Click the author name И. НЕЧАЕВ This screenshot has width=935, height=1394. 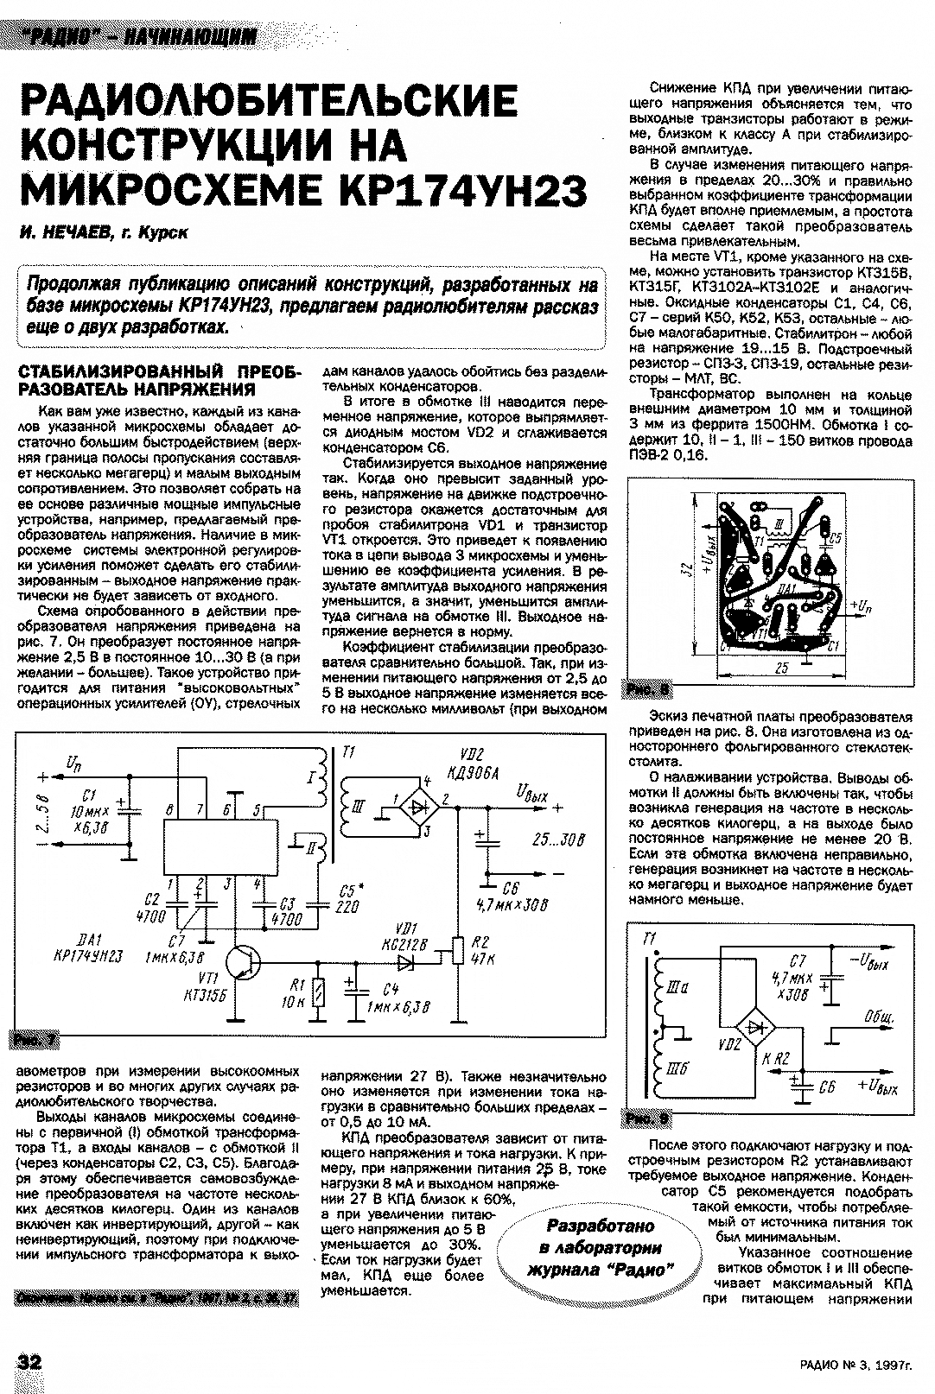click(63, 232)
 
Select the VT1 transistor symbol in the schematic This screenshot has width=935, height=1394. click(244, 962)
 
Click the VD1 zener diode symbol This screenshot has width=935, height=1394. click(405, 960)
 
